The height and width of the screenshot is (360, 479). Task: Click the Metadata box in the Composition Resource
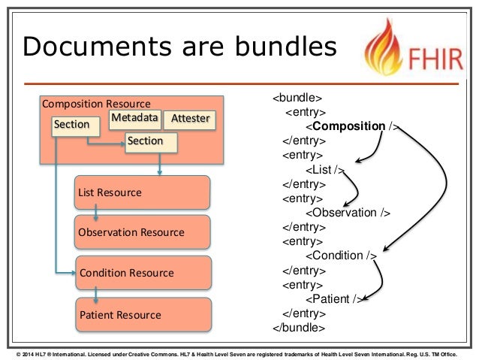click(x=135, y=118)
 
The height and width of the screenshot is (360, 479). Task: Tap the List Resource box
click(x=142, y=192)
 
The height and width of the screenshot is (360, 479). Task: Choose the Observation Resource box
click(x=142, y=232)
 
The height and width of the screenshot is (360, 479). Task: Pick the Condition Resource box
click(x=142, y=273)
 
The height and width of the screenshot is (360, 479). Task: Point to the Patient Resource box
click(x=142, y=314)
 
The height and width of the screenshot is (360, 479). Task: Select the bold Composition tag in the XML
click(x=349, y=126)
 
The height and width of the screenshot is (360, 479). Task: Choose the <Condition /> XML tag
click(x=340, y=256)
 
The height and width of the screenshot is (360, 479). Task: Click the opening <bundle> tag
click(x=297, y=98)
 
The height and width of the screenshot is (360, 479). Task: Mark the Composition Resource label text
click(x=96, y=104)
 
